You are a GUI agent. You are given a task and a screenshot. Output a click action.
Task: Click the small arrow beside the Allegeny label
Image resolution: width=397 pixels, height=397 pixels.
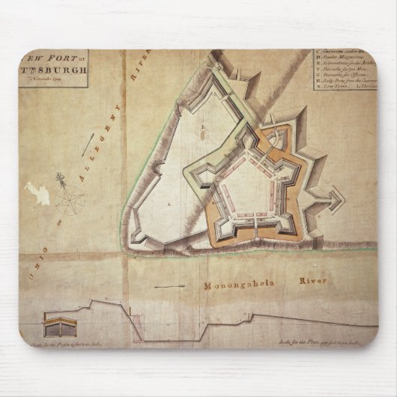pos(89,144)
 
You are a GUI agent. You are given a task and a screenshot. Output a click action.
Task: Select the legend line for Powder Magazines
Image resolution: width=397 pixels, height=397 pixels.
pos(345,64)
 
